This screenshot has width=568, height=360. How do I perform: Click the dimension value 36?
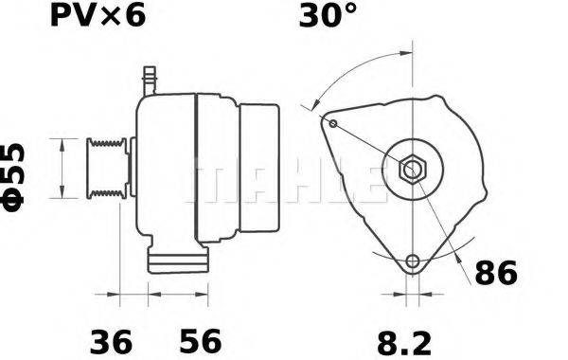pos(112,338)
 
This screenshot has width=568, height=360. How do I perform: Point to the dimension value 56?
pos(201,338)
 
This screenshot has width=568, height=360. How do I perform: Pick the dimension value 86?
pos(495,274)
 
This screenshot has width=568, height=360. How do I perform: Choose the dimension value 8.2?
pos(409,338)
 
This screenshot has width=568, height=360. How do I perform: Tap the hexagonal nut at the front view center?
pos(413,170)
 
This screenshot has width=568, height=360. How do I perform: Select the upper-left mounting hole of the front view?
pos(331,122)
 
